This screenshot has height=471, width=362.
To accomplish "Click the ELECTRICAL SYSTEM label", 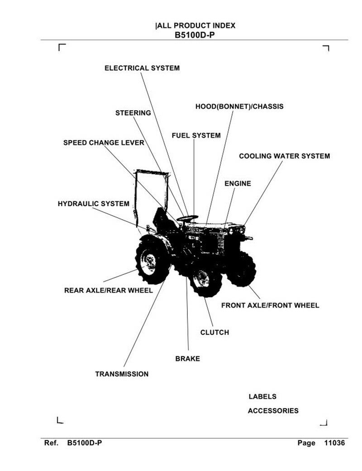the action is [142, 68].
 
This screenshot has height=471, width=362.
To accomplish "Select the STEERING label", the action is [133, 113].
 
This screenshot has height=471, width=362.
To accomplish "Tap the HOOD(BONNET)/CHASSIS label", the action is [239, 107].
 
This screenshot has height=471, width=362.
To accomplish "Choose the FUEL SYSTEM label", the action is [196, 136].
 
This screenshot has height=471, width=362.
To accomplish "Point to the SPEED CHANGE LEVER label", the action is [104, 143].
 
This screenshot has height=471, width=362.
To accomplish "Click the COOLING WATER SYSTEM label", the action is [284, 156].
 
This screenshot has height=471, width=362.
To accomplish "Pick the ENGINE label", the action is [238, 184].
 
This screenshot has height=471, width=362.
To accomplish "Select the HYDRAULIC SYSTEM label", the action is [94, 204].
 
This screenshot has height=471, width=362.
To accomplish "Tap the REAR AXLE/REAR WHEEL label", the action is [109, 291].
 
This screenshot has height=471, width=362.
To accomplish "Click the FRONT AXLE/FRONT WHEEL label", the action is [270, 306].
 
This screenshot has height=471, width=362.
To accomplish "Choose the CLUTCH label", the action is [214, 333].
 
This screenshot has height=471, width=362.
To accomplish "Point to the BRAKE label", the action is [187, 359].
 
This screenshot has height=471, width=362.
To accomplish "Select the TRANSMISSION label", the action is [122, 374].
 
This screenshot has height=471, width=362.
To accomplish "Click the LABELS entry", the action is [262, 397].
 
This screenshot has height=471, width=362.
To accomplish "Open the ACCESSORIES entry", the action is [273, 411].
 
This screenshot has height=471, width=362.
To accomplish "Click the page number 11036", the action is [334, 443].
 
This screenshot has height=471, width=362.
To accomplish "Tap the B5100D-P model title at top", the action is [195, 35].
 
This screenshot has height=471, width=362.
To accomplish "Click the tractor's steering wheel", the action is [187, 218].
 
